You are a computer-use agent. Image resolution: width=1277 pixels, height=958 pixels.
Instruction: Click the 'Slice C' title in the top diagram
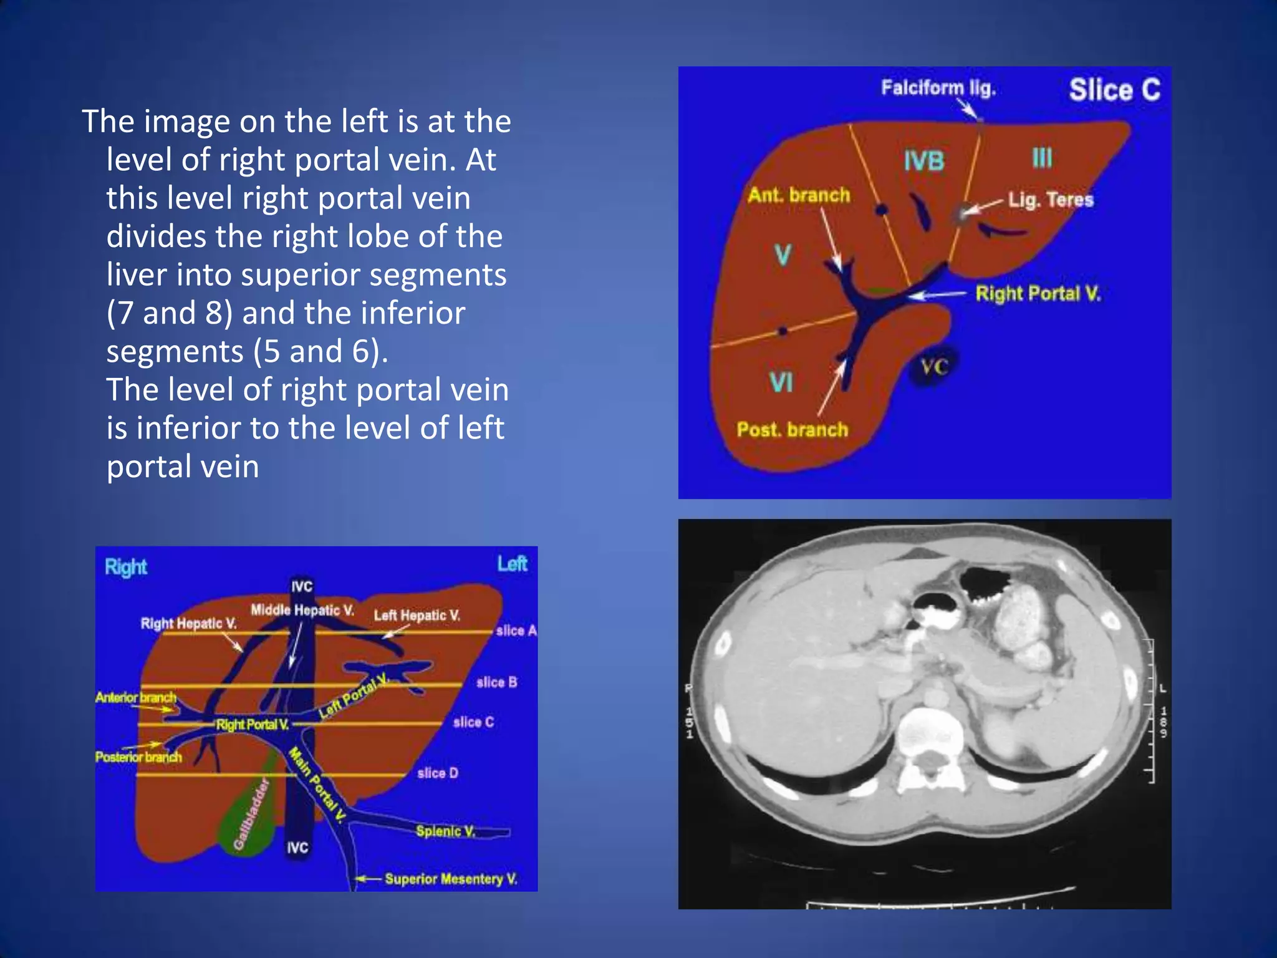click(1114, 90)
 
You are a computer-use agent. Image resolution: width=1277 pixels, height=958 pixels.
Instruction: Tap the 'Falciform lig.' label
click(938, 88)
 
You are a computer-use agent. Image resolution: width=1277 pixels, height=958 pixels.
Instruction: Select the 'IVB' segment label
click(924, 162)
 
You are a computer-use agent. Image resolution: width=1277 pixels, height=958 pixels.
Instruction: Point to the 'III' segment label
click(1042, 158)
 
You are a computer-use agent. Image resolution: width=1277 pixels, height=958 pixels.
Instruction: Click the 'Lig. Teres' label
click(1051, 200)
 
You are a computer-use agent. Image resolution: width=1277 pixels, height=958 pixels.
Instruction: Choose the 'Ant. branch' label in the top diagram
click(799, 195)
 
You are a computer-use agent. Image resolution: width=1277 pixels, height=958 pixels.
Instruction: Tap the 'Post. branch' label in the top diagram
click(793, 430)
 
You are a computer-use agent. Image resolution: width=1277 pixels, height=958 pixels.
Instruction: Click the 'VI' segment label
click(781, 382)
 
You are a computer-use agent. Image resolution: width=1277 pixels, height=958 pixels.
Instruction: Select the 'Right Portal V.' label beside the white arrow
click(1038, 294)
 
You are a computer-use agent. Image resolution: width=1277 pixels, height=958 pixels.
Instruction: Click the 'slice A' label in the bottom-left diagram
click(516, 631)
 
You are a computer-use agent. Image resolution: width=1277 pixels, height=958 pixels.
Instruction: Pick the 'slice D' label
click(437, 773)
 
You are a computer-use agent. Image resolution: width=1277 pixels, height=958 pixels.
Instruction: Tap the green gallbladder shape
click(249, 817)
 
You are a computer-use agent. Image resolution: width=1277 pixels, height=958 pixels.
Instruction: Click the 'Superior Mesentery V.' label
click(451, 879)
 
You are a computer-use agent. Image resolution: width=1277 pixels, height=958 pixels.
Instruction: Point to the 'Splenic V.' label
click(445, 831)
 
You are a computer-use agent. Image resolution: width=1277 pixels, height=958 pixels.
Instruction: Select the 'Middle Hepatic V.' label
click(302, 610)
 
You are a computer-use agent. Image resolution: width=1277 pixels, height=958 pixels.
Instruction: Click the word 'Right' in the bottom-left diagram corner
click(125, 568)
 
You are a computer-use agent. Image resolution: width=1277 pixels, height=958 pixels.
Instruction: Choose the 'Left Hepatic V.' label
click(417, 616)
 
